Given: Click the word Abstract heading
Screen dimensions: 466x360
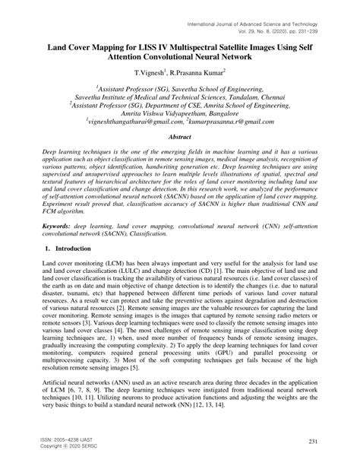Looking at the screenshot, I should click(179, 136).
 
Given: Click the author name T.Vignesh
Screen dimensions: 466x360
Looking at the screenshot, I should click(150, 73).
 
